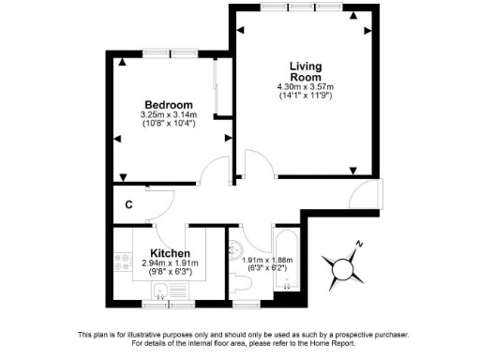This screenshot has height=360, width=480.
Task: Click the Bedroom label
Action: click(168, 104)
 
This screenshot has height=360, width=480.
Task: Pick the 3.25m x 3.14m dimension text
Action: click(168, 115)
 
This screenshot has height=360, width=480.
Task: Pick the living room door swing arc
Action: click(250, 161)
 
